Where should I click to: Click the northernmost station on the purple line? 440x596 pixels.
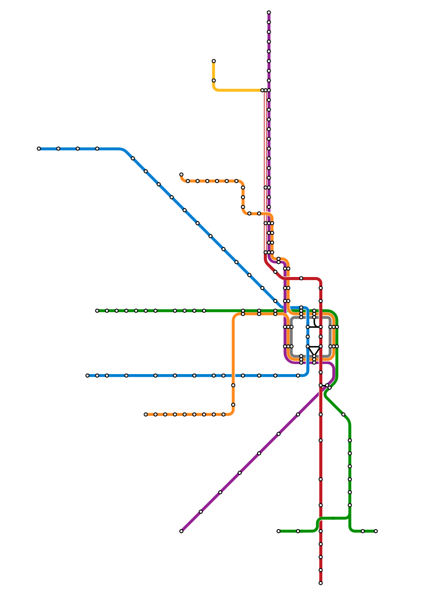click(x=268, y=12)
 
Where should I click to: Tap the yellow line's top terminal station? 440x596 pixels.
click(x=214, y=61)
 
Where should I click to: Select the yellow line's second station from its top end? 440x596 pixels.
click(x=214, y=80)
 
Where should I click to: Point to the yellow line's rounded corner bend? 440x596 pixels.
click(x=215, y=89)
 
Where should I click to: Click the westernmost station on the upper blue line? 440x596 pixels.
click(x=39, y=148)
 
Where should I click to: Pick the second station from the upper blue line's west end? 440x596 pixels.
click(x=58, y=148)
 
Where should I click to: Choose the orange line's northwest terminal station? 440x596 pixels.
click(x=181, y=175)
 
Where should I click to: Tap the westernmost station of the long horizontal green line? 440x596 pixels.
click(x=97, y=311)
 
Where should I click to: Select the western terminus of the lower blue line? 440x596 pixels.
click(x=88, y=376)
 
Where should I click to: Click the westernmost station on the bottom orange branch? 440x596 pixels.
click(x=146, y=414)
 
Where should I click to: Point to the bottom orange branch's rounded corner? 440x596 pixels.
click(x=231, y=412)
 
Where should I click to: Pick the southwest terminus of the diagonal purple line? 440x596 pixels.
click(x=181, y=531)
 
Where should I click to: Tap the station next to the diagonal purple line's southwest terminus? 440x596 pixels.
click(x=201, y=511)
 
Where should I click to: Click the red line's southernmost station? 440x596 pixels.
click(x=320, y=583)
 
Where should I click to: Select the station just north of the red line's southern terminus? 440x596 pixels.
click(x=320, y=570)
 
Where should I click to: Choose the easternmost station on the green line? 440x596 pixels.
click(x=375, y=531)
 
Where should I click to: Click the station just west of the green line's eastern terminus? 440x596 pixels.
click(x=362, y=531)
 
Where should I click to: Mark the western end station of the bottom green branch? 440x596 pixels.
click(x=279, y=531)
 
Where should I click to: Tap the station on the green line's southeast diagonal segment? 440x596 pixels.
click(x=343, y=414)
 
